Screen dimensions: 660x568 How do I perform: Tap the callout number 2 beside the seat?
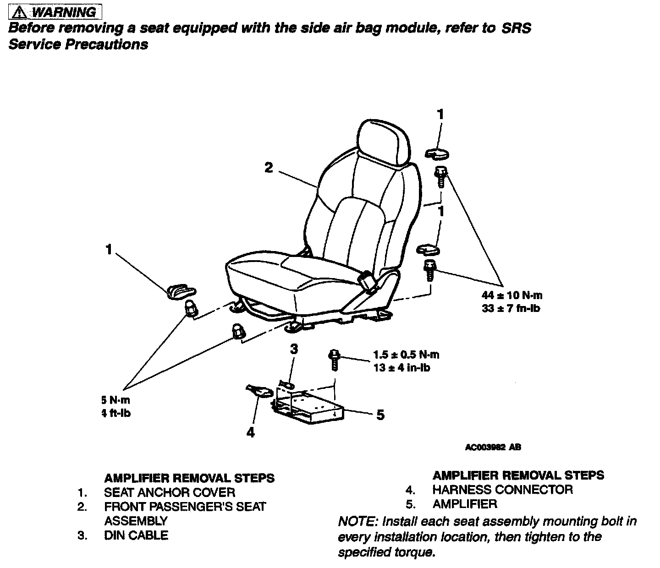(269, 168)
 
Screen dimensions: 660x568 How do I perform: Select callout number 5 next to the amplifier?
(380, 415)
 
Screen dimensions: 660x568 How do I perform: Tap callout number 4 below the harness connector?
(250, 432)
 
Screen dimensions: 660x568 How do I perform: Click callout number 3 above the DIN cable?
(294, 349)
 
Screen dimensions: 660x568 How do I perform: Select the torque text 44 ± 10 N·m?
(512, 295)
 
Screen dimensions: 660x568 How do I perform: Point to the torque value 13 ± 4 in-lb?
(401, 367)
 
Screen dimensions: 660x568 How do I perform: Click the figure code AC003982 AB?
(493, 448)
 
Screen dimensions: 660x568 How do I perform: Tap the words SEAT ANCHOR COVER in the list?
(170, 492)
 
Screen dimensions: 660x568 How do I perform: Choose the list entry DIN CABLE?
(136, 535)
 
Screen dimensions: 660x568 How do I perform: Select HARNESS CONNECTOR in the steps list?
(502, 489)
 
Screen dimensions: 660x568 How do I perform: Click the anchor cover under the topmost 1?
(437, 154)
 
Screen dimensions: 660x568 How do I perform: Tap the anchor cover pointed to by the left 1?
(180, 291)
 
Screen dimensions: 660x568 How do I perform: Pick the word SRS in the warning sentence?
(517, 28)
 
